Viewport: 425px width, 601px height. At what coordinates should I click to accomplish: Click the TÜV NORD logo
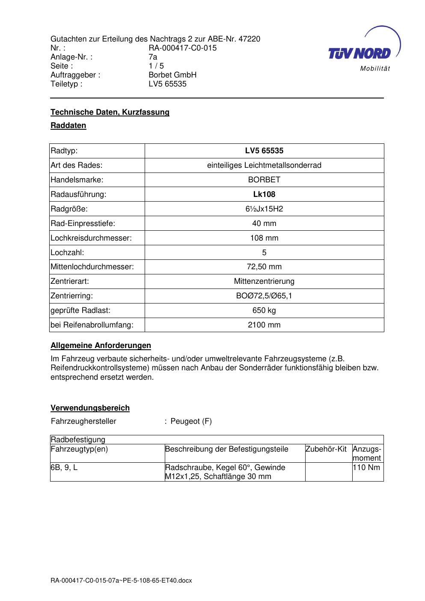point(360,54)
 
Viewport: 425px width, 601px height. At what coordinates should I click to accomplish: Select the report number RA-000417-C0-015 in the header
point(182,48)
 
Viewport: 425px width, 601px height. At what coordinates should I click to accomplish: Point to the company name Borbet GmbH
point(172,75)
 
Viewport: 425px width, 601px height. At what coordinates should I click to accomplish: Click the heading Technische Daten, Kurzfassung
point(110,112)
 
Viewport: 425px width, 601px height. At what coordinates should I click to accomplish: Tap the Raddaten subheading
point(68,125)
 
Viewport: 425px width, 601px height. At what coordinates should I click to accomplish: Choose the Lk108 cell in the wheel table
point(264,194)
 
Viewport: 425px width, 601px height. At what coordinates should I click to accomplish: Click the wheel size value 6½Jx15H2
point(264,209)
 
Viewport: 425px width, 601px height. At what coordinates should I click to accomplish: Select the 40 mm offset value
point(264,223)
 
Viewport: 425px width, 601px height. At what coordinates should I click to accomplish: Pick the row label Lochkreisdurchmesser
point(91,238)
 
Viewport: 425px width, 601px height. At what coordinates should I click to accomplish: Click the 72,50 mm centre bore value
point(264,267)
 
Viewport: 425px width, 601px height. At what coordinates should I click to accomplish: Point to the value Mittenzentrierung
point(264,282)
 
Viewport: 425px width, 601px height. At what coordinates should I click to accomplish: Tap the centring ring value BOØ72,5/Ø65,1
point(264,296)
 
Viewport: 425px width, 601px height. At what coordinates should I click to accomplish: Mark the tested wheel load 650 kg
point(264,310)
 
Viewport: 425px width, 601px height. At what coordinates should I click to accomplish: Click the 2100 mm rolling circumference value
point(264,325)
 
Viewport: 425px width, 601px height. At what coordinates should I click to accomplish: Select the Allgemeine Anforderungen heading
point(101,345)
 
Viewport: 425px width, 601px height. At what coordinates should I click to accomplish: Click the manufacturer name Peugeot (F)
point(191,421)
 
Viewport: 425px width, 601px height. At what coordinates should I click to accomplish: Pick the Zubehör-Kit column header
point(326,449)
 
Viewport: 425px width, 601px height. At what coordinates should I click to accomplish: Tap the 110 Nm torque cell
point(366,467)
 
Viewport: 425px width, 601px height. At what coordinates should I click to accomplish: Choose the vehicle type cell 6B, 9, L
point(64,467)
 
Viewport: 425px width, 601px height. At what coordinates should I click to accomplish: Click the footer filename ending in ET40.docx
point(121,581)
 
